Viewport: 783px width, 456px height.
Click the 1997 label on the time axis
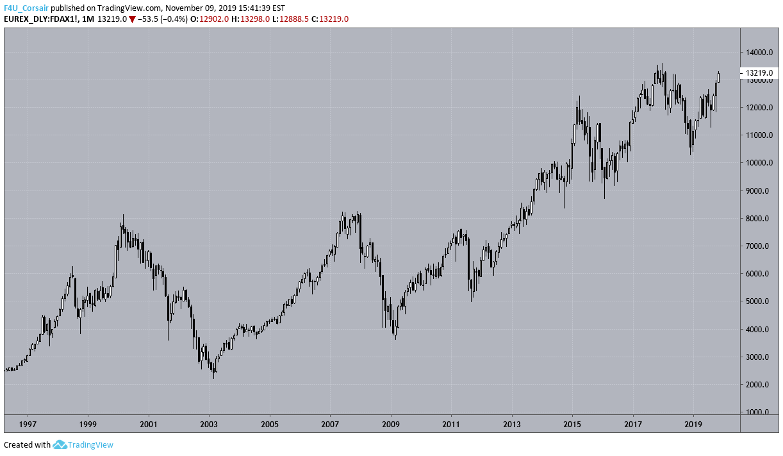point(28,424)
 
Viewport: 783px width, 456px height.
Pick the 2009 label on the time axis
point(391,424)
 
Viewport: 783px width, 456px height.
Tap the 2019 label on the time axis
point(693,424)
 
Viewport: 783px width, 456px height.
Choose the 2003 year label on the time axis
point(210,424)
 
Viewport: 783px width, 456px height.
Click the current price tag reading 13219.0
point(759,73)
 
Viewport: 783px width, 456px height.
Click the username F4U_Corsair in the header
point(26,8)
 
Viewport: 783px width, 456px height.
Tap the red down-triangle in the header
point(132,19)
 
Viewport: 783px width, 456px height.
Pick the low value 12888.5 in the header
point(293,19)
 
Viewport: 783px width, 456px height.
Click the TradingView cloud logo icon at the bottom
point(60,444)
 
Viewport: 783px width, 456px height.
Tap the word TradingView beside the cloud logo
point(90,444)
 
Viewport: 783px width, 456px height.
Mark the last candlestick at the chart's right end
point(719,76)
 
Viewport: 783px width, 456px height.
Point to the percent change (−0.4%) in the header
point(175,19)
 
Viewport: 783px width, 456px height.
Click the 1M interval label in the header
point(88,19)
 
